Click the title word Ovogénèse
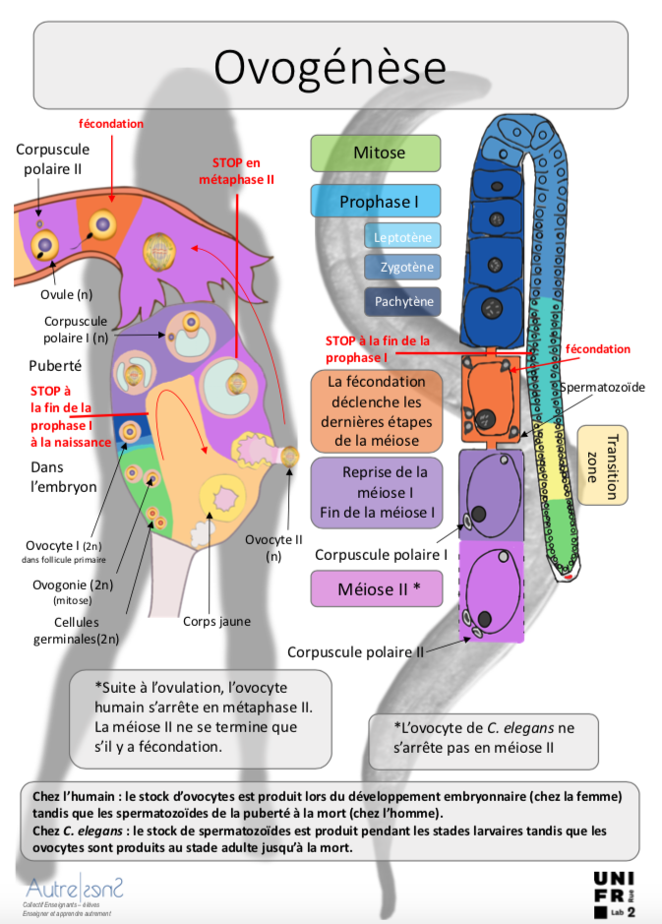click(x=330, y=67)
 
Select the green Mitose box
click(x=376, y=154)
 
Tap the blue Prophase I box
click(x=376, y=202)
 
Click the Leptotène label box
click(x=402, y=237)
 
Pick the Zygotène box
click(x=402, y=267)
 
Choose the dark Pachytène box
click(x=402, y=301)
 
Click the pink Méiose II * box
click(x=377, y=588)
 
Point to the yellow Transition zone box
click(x=603, y=465)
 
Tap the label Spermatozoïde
click(x=602, y=387)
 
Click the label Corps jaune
click(x=216, y=621)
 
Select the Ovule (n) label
click(x=67, y=294)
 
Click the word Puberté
click(x=55, y=365)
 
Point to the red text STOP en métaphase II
click(x=236, y=171)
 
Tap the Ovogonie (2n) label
click(x=73, y=585)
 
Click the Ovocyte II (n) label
click(x=273, y=547)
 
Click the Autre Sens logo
click(x=74, y=894)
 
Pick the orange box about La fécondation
click(x=377, y=411)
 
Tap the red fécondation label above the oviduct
click(x=111, y=124)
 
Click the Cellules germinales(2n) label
click(x=77, y=631)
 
